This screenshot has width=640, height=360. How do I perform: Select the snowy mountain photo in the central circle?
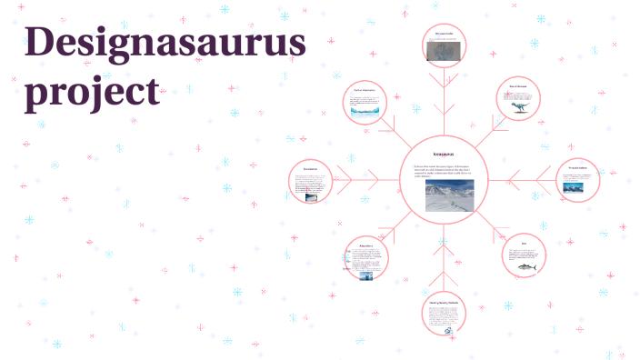point(443,195)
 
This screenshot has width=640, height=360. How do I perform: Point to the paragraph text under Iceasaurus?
point(443,171)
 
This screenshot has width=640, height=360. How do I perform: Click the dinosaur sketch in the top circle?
point(443,54)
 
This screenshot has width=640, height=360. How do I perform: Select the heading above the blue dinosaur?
point(518,87)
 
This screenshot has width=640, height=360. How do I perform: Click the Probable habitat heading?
point(577,168)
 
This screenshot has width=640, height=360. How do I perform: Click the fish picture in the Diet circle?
point(527,265)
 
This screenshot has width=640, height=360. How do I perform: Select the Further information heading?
point(365,91)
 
